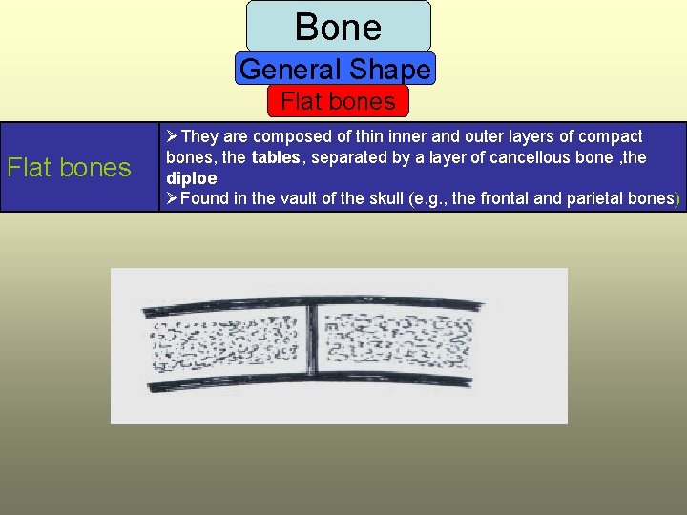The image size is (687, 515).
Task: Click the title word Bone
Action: click(338, 26)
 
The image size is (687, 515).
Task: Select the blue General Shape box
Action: click(336, 69)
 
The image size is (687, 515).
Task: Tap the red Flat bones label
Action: click(338, 100)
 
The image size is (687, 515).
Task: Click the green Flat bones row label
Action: click(69, 168)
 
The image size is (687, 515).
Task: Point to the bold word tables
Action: click(274, 157)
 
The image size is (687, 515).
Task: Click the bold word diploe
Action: click(192, 178)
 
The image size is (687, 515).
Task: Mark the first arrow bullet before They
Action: click(173, 136)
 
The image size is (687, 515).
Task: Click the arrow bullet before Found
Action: click(173, 198)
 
